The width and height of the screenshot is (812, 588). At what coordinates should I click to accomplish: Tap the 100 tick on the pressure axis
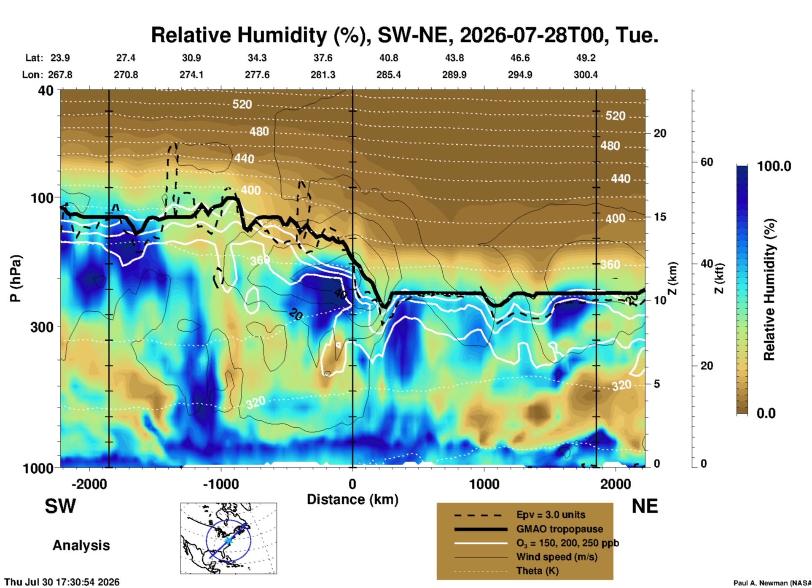click(x=42, y=197)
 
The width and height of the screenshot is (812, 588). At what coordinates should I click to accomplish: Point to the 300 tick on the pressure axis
click(x=42, y=326)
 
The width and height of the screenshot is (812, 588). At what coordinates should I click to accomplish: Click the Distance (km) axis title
click(x=352, y=499)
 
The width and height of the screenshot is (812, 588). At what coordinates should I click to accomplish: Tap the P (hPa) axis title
click(x=16, y=278)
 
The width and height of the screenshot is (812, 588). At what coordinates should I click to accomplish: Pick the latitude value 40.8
click(x=389, y=58)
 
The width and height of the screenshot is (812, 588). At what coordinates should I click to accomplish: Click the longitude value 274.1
click(x=191, y=75)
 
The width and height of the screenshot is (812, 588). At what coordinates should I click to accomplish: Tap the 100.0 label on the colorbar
click(x=774, y=166)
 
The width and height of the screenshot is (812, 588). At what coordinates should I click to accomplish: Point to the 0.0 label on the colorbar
click(x=766, y=413)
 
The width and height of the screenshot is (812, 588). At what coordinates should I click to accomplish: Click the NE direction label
click(x=645, y=506)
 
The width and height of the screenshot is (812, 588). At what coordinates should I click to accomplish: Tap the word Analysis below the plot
click(x=81, y=545)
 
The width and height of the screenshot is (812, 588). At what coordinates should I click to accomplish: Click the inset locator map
click(x=229, y=538)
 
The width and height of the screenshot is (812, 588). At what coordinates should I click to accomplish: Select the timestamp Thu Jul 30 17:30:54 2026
click(x=62, y=582)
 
